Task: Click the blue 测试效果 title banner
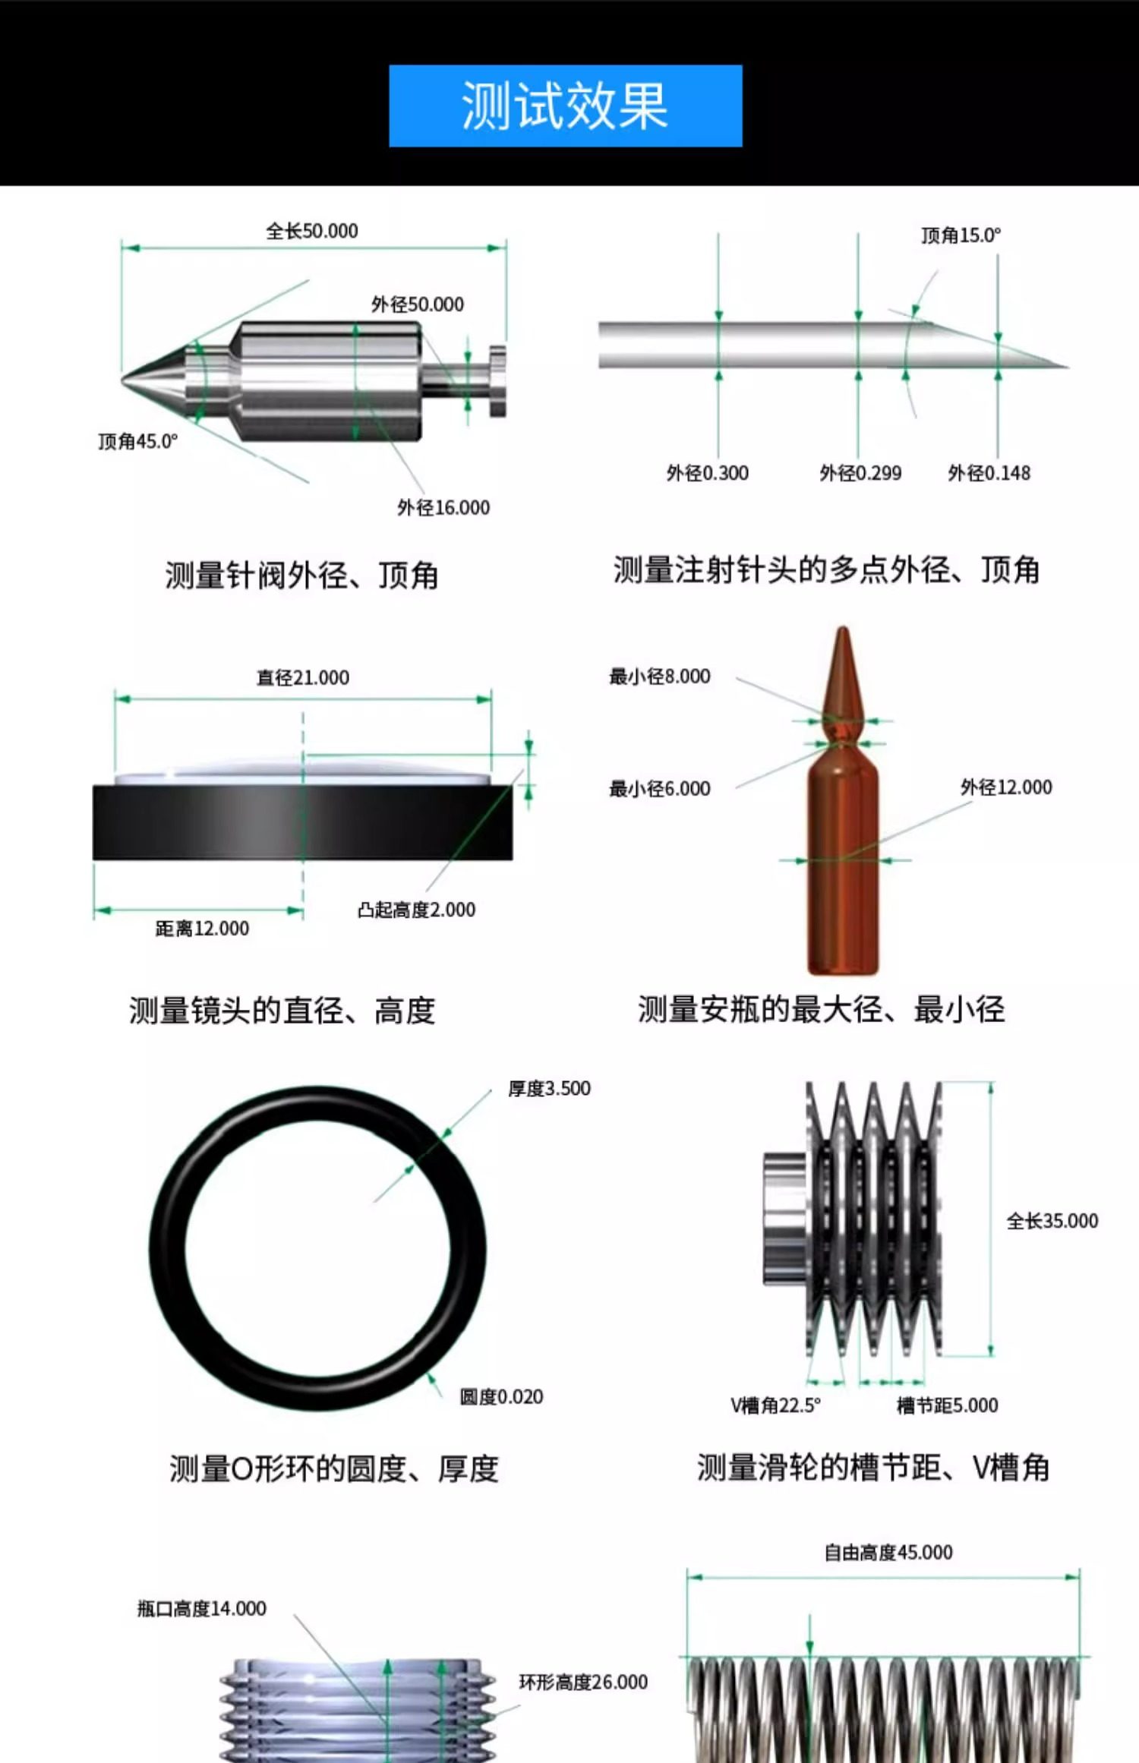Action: pos(566,106)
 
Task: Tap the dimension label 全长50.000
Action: pos(312,231)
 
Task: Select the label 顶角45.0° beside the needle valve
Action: pos(138,441)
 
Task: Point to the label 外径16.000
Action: pos(443,507)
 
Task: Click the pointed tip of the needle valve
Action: pos(122,374)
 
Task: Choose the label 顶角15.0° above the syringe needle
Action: pos(961,235)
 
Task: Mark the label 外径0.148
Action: pos(989,473)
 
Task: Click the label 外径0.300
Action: pos(708,473)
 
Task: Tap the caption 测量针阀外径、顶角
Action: pos(302,575)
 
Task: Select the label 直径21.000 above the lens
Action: pos(303,677)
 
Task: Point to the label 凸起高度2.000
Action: pos(417,910)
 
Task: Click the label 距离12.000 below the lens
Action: pos(202,929)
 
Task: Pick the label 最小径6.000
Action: pos(660,789)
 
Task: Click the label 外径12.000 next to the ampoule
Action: pos(1007,787)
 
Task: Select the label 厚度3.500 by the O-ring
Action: pos(550,1089)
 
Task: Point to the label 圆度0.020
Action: pos(502,1397)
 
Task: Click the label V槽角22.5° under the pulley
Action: pos(776,1405)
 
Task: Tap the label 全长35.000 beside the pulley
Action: pos(1052,1221)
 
